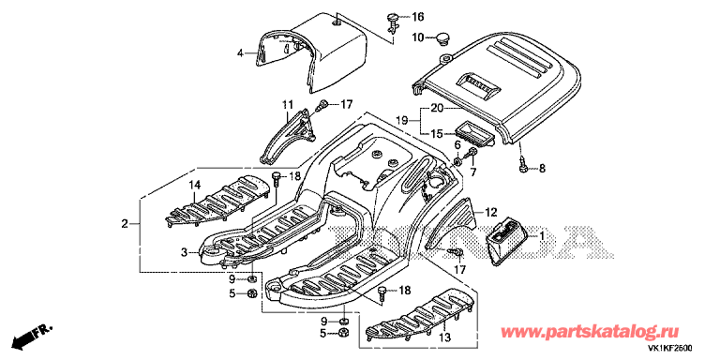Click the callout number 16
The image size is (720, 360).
pyautogui.click(x=417, y=18)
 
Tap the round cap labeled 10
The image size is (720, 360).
pyautogui.click(x=443, y=38)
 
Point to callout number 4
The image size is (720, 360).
pyautogui.click(x=240, y=53)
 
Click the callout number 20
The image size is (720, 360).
pyautogui.click(x=437, y=109)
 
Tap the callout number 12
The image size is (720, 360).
pyautogui.click(x=491, y=212)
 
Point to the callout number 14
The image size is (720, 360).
pyautogui.click(x=195, y=186)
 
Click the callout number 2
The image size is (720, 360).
pyautogui.click(x=125, y=224)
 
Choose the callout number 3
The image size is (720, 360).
pyautogui.click(x=184, y=252)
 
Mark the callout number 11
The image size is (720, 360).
pyautogui.click(x=287, y=105)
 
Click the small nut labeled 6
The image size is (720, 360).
pyautogui.click(x=457, y=161)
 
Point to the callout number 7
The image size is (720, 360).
pyautogui.click(x=472, y=172)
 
